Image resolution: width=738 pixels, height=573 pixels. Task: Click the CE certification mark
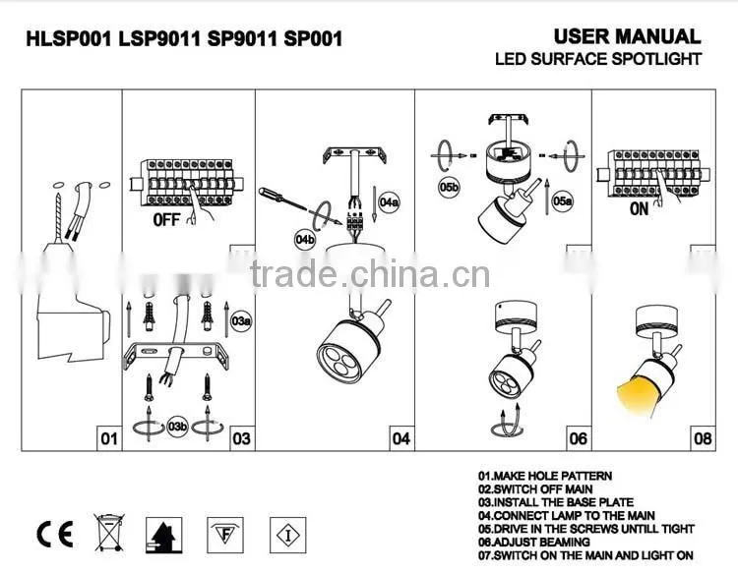pyautogui.click(x=54, y=535)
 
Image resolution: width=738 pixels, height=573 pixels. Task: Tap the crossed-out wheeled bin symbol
pyautogui.click(x=109, y=533)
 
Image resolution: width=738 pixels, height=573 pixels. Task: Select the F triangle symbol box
pyautogui.click(x=225, y=535)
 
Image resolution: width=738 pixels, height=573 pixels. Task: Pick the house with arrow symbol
pyautogui.click(x=163, y=536)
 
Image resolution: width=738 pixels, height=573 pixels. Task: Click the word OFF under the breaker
pyautogui.click(x=166, y=219)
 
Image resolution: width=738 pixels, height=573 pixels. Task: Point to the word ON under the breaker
pyautogui.click(x=640, y=208)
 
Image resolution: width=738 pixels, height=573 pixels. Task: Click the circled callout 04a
pyautogui.click(x=390, y=202)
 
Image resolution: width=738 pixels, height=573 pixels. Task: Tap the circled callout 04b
pyautogui.click(x=305, y=240)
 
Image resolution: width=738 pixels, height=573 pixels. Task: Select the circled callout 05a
pyautogui.click(x=563, y=201)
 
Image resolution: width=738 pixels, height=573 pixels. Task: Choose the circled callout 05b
pyautogui.click(x=449, y=188)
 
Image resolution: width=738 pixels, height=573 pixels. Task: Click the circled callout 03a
pyautogui.click(x=241, y=321)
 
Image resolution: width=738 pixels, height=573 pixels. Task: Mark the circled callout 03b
pyautogui.click(x=178, y=427)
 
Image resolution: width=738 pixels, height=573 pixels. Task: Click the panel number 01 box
pyautogui.click(x=109, y=438)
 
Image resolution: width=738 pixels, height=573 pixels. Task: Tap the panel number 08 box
pyautogui.click(x=703, y=438)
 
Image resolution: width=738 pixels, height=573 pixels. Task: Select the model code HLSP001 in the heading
pyautogui.click(x=69, y=38)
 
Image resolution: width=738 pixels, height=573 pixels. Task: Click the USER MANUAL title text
pyautogui.click(x=628, y=36)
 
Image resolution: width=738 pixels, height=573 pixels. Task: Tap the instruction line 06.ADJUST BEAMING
pyautogui.click(x=533, y=542)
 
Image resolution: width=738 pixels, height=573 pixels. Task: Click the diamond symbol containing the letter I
pyautogui.click(x=288, y=536)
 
